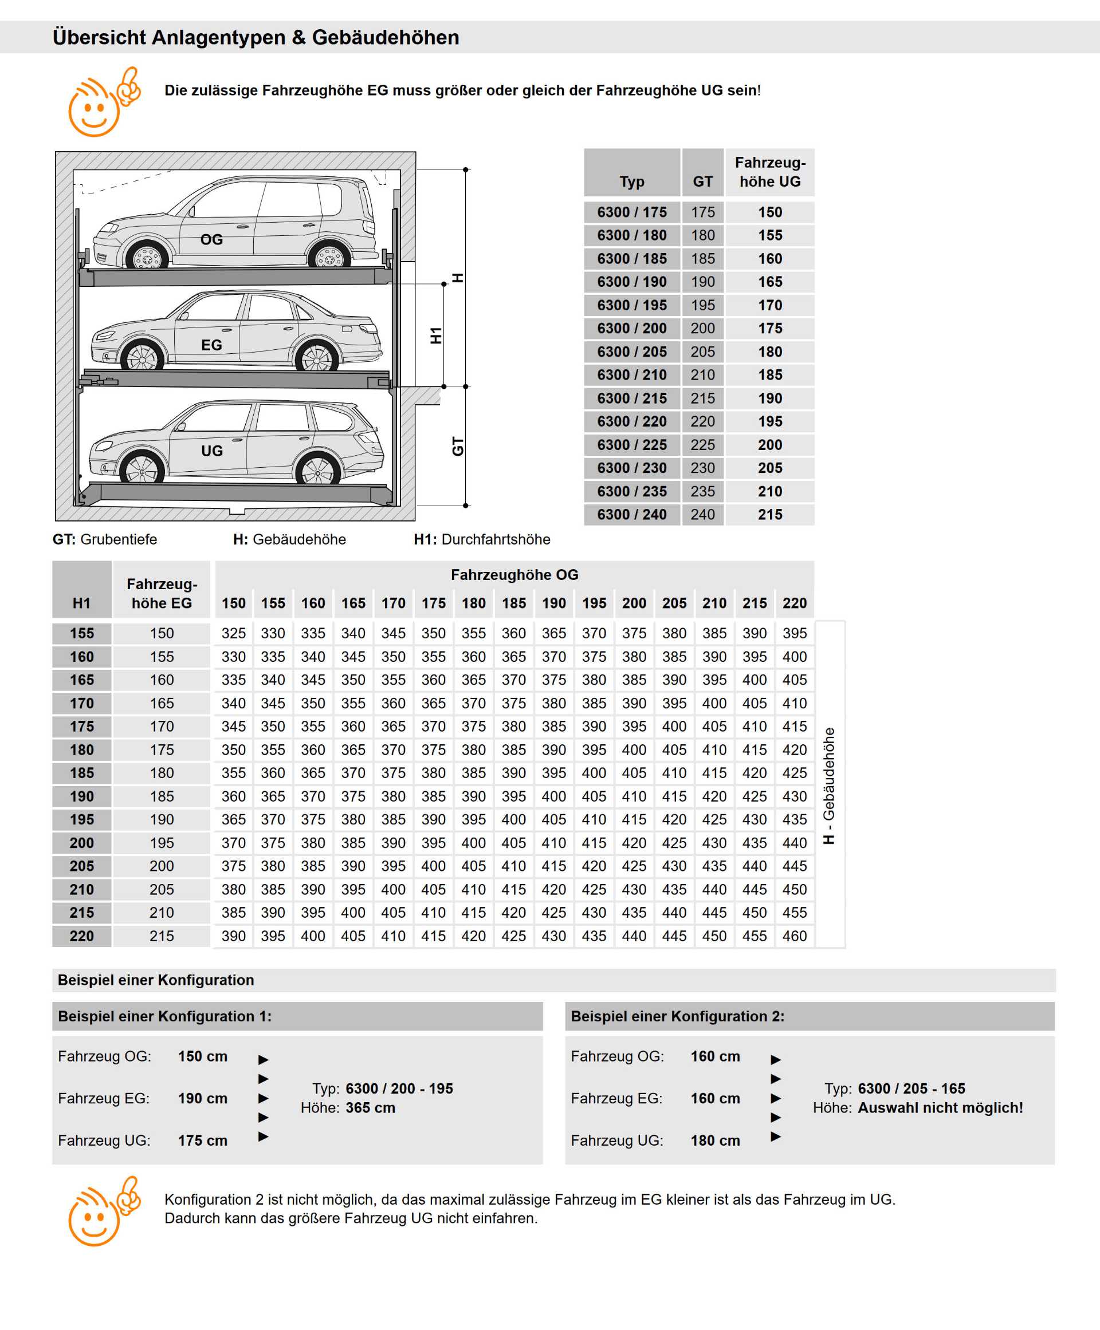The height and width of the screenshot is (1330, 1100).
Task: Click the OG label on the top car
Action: coord(211,239)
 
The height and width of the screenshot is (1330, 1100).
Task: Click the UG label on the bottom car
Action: coord(211,451)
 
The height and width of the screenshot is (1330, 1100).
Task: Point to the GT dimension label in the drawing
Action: coord(458,447)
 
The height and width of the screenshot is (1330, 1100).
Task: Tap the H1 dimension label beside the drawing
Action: coord(436,336)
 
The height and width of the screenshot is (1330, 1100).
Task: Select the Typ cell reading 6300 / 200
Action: coord(632,328)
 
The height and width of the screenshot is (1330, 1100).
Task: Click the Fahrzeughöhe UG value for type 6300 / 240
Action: coord(770,514)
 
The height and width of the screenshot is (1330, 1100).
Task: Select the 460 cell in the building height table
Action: coord(794,936)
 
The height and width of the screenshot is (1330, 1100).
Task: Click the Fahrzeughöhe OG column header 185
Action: coord(514,603)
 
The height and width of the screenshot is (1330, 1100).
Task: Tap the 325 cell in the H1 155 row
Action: coord(233,633)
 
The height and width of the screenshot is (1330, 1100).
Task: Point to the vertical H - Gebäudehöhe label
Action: coord(829,786)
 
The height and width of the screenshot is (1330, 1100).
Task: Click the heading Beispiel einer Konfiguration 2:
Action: coord(677,1016)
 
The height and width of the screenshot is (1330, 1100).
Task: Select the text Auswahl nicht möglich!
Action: coord(940,1108)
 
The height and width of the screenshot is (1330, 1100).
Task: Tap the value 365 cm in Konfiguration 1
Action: coord(370,1108)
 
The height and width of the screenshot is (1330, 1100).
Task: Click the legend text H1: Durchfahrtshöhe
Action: coord(482,539)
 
